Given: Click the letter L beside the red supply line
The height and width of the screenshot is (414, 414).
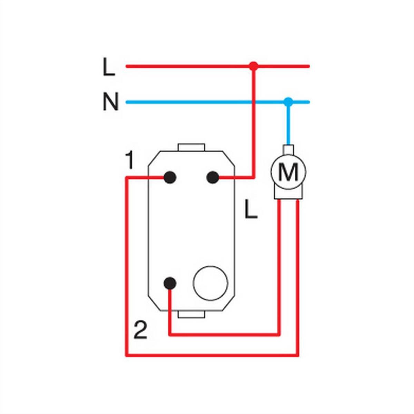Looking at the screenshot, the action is [109, 67].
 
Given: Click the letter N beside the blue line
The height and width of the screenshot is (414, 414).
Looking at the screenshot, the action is [111, 101].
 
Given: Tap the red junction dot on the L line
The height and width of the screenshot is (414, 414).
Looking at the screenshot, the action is [254, 66].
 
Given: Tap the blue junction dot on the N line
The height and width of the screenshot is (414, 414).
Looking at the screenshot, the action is [288, 102].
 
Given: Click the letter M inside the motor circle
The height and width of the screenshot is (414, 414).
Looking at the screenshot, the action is [288, 172].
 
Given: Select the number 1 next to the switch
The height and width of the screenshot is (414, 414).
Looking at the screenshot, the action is [130, 160].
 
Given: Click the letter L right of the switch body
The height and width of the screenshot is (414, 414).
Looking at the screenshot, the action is [251, 209].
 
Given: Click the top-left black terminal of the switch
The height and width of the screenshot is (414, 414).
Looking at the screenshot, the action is [170, 177].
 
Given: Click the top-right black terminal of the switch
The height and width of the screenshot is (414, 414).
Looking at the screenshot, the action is [213, 177].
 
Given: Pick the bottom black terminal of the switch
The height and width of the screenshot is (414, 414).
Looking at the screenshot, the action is [170, 283].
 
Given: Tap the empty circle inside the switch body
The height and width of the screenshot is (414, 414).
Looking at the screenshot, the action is [210, 283].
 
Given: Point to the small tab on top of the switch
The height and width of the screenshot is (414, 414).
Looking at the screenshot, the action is [191, 147].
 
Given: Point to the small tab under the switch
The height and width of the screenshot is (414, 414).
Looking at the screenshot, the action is [191, 314].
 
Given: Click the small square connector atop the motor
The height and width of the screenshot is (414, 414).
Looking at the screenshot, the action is [288, 149].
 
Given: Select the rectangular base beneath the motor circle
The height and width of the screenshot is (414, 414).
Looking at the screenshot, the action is [288, 193].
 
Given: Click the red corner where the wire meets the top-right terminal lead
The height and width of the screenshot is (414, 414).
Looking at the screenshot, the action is [254, 177].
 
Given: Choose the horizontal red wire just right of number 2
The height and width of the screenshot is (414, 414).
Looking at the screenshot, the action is [224, 335].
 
